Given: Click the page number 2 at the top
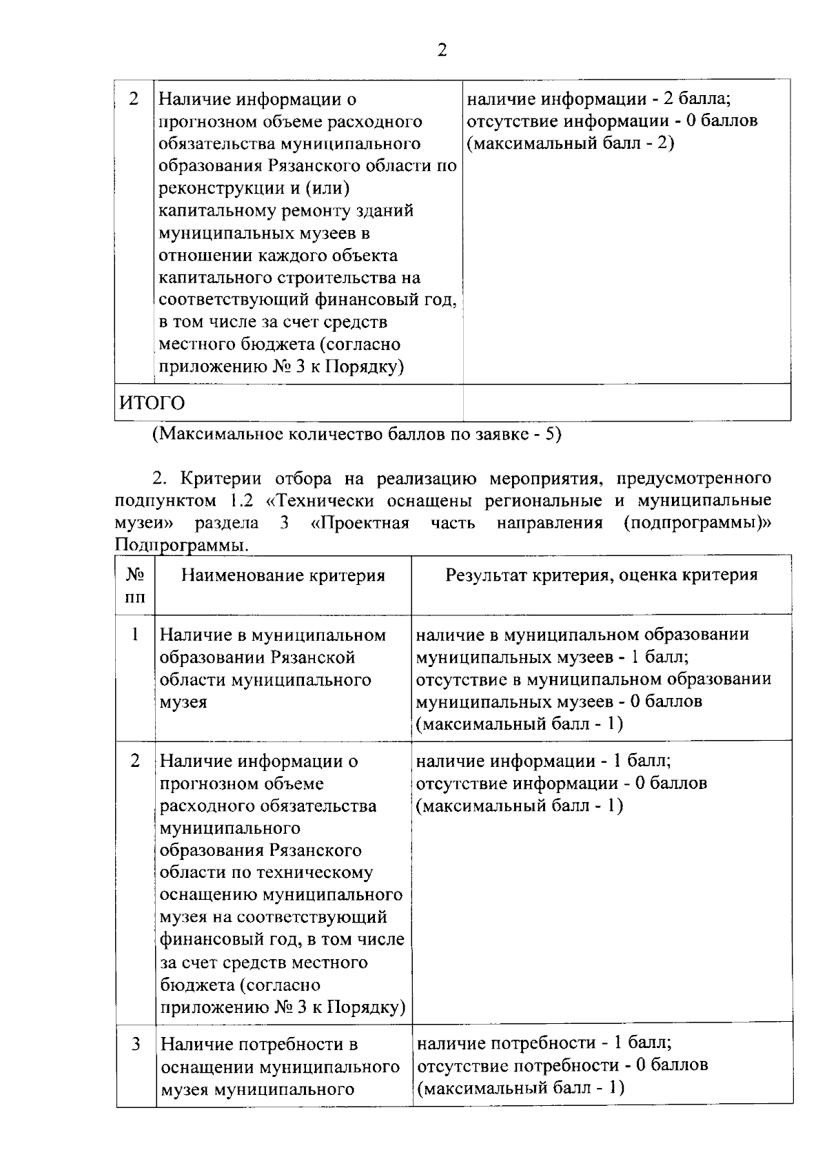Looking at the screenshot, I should (442, 51).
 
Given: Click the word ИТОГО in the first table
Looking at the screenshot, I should (152, 402).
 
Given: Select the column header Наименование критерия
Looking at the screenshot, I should (283, 575).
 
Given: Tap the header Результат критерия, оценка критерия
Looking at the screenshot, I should (601, 575).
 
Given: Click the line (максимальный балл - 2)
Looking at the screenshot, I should (570, 143).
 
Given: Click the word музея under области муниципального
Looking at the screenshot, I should (183, 702).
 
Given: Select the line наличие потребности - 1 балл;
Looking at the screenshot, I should (544, 1043).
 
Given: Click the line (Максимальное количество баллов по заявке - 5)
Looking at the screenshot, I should (357, 435).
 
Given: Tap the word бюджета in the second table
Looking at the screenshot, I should (192, 984).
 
